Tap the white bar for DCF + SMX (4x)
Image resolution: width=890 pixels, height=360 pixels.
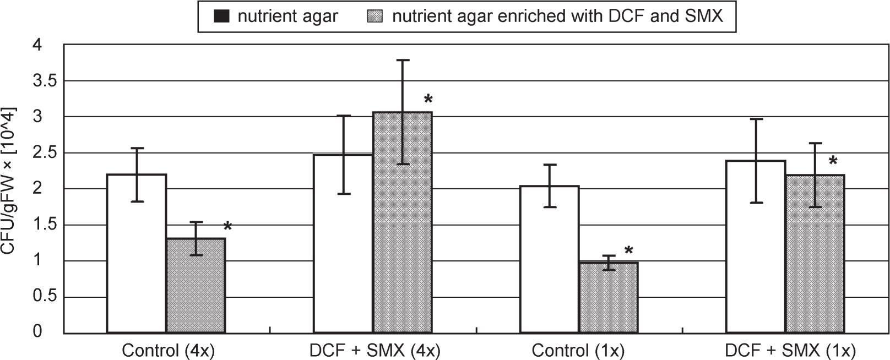(x=343, y=248)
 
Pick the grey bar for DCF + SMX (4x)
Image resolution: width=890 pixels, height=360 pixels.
(x=402, y=231)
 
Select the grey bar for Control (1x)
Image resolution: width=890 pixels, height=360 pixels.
(x=608, y=300)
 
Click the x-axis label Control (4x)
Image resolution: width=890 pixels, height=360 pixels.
(x=168, y=351)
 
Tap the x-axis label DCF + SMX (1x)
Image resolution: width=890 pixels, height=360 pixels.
(x=790, y=351)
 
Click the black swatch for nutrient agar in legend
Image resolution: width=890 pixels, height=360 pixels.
(x=221, y=17)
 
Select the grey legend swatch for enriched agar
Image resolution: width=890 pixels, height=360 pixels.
(x=375, y=17)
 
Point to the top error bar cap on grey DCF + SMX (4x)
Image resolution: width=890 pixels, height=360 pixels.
(x=403, y=60)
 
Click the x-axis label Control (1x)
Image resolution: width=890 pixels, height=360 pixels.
(x=578, y=351)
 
